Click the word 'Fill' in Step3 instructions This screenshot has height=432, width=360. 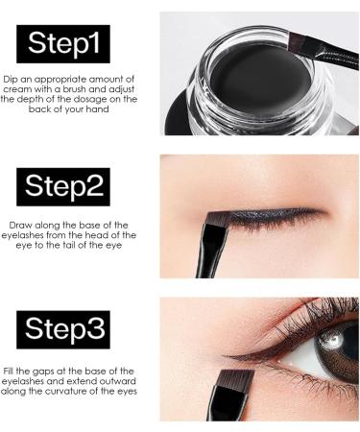(12, 370)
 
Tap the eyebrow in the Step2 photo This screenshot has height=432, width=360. (288, 163)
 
